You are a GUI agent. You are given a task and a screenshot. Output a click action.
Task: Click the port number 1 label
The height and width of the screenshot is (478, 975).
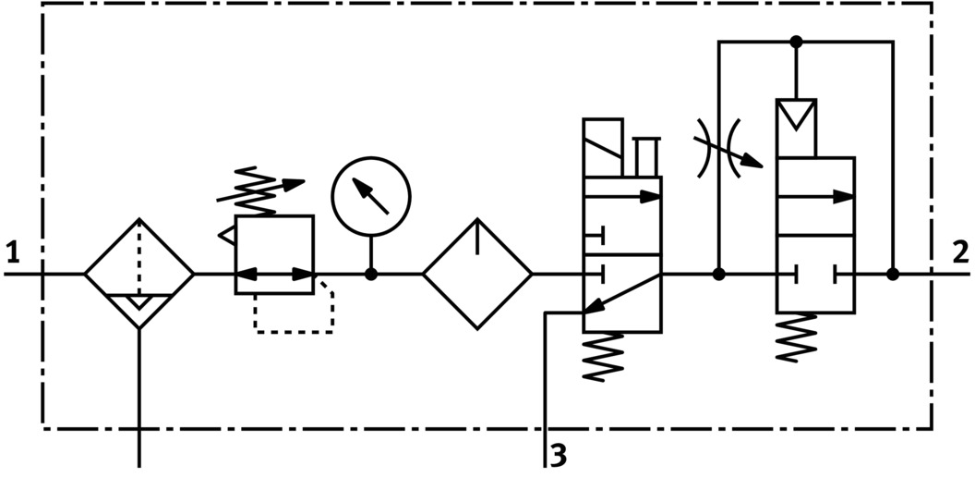click(x=11, y=252)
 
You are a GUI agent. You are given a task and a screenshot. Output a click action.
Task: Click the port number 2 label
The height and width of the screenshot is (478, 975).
click(x=960, y=252)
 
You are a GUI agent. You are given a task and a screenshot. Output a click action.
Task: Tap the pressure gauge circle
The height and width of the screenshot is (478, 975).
click(x=371, y=197)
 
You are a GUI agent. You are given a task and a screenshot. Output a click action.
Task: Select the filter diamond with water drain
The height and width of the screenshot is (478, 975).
click(x=139, y=274)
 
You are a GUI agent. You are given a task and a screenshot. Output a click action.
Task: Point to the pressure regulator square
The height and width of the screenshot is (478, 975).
click(x=274, y=254)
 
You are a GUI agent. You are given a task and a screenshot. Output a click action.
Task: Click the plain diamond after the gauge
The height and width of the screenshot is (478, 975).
click(x=477, y=274)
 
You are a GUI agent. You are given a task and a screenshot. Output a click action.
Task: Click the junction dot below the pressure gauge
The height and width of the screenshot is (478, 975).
click(x=371, y=274)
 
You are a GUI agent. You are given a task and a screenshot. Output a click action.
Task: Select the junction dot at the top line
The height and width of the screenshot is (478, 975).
click(x=796, y=42)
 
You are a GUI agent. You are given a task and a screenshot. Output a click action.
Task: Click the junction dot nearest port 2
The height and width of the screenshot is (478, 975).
click(x=893, y=274)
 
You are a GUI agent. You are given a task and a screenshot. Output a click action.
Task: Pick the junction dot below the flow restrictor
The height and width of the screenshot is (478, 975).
click(x=718, y=274)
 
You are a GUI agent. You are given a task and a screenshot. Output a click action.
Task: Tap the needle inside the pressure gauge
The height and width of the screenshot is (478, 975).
click(x=372, y=196)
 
